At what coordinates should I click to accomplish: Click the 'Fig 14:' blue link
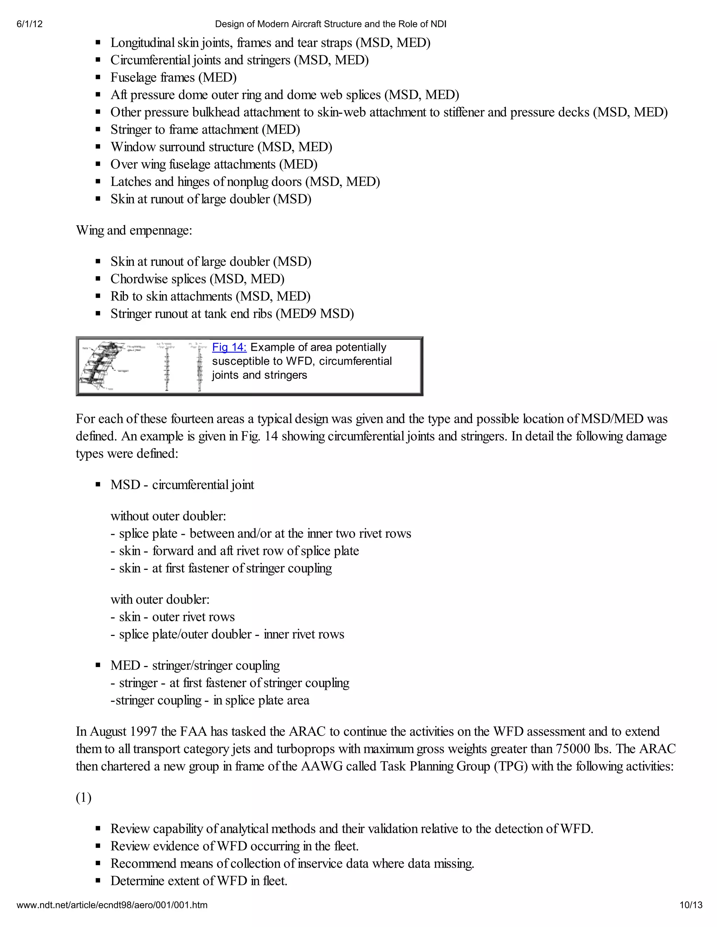(x=229, y=347)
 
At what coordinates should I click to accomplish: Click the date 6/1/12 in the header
(x=30, y=24)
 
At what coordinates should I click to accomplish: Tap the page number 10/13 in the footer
(x=691, y=905)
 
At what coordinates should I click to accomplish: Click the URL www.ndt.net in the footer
(x=112, y=905)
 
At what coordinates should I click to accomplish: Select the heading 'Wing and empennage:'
(x=134, y=231)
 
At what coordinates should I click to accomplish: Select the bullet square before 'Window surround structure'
(x=98, y=147)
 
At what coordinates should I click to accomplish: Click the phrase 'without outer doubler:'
(x=168, y=516)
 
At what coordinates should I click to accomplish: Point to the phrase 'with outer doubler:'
(x=160, y=599)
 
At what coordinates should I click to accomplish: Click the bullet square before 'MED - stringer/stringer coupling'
(x=98, y=666)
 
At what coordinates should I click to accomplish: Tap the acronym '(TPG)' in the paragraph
(x=510, y=766)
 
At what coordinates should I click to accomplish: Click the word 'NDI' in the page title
(x=438, y=24)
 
